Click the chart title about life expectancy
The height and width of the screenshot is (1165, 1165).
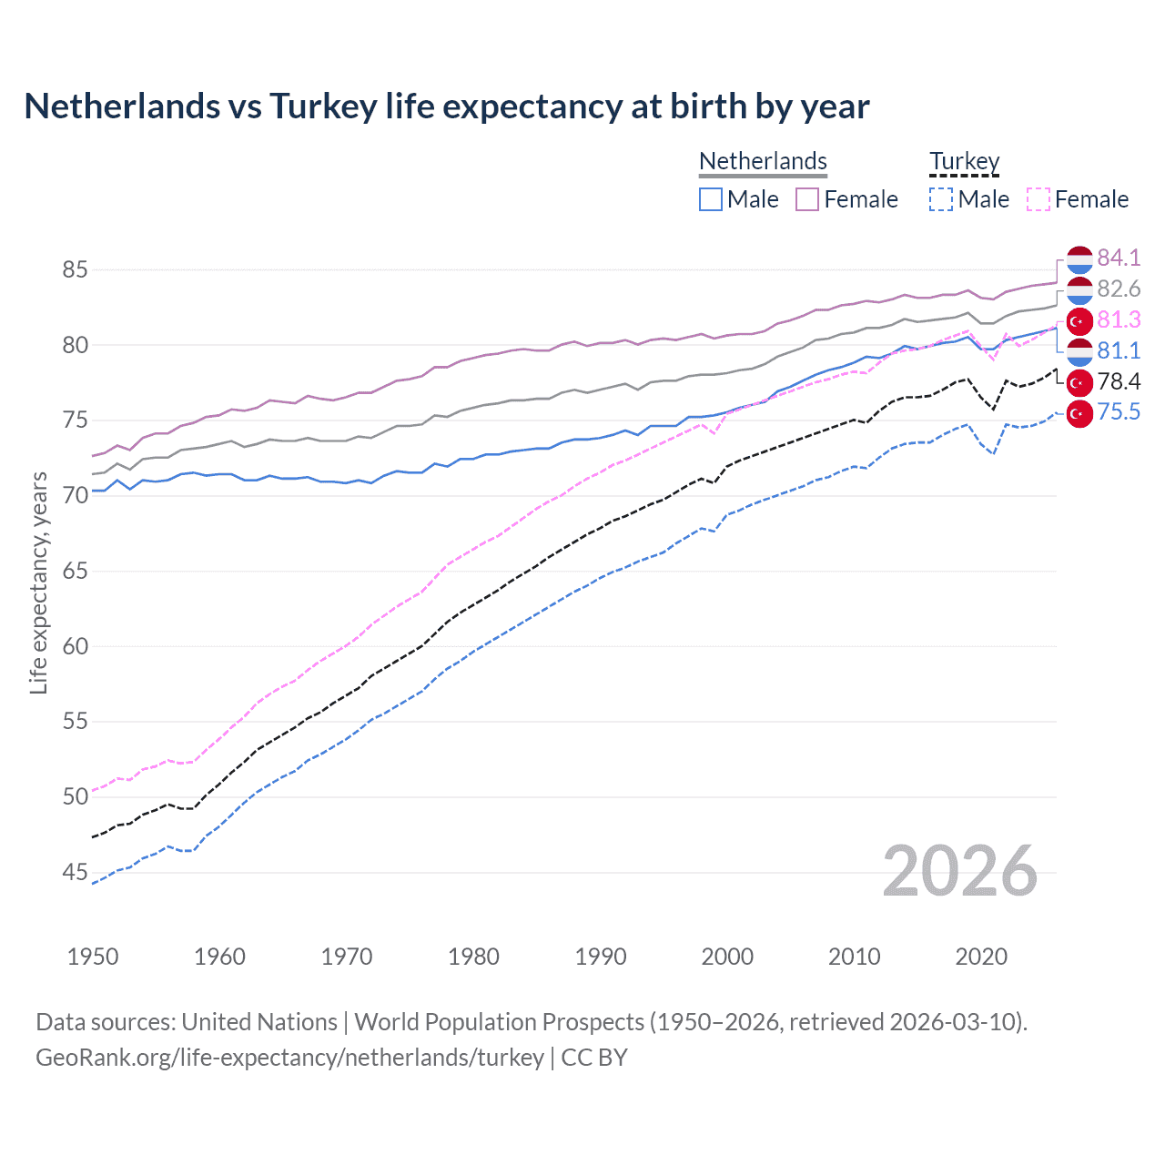click(x=446, y=106)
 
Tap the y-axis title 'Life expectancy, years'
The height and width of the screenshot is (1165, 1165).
click(x=38, y=582)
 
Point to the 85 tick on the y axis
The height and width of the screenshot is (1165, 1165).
click(x=75, y=269)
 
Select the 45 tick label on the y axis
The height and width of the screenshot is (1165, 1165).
click(x=75, y=872)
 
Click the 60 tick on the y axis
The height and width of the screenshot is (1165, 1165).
click(x=75, y=646)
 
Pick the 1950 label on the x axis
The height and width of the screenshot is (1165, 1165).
click(x=93, y=957)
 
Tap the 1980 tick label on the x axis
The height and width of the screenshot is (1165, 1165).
click(x=473, y=957)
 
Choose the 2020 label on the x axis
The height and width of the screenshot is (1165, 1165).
click(x=981, y=957)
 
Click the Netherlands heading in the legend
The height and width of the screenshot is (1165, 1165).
click(x=763, y=161)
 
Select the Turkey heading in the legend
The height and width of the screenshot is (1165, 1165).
click(x=964, y=161)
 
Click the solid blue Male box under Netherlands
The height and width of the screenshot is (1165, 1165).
click(x=711, y=199)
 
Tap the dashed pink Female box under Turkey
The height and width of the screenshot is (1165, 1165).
click(x=1038, y=199)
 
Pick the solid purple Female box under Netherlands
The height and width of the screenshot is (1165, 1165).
click(x=807, y=199)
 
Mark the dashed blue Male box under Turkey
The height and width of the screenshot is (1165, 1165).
click(x=941, y=199)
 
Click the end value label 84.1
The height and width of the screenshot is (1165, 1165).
click(x=1119, y=258)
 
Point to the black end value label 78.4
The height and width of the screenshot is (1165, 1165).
click(x=1119, y=381)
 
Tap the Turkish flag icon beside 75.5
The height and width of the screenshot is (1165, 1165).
click(x=1079, y=413)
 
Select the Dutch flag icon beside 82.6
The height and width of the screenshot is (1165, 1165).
click(x=1079, y=290)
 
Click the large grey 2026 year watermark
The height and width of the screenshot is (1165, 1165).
click(x=960, y=871)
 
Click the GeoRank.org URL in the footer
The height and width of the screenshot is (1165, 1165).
click(x=289, y=1058)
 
